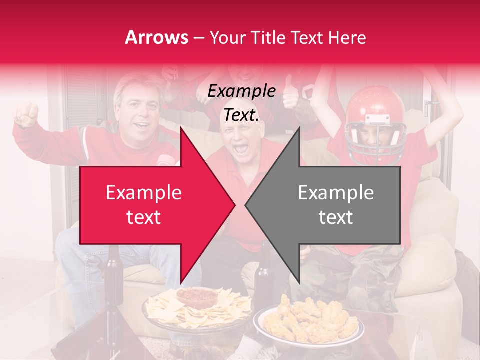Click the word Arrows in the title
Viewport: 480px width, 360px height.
coord(156,37)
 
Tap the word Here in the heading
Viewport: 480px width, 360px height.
coord(348,37)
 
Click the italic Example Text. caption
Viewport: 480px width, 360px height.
coord(242,103)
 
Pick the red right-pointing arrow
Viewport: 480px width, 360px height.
coord(150,205)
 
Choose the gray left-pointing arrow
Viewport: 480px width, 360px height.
coord(330,205)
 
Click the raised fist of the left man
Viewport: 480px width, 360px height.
coord(26,114)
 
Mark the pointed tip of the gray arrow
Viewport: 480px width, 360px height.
coord(246,205)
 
